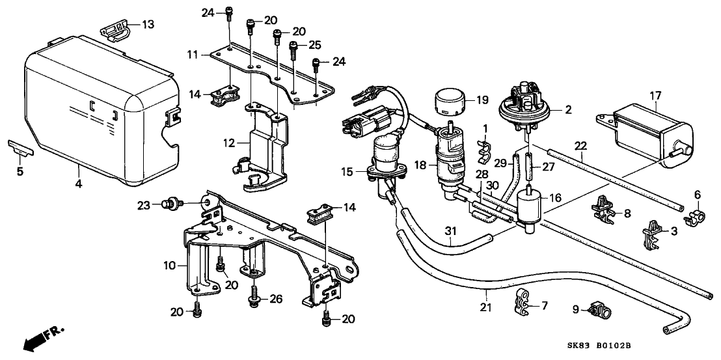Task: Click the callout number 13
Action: click(x=148, y=24)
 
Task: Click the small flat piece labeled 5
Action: click(x=21, y=148)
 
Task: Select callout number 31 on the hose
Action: click(x=451, y=231)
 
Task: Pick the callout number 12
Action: click(x=230, y=143)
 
